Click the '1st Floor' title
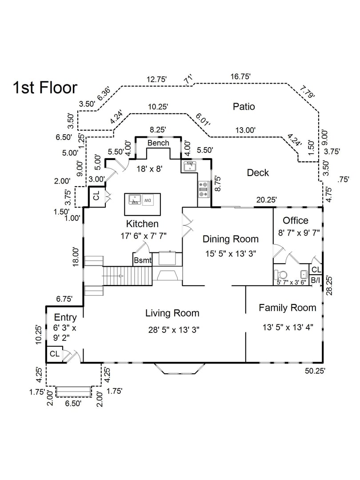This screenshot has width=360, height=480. coord(45,88)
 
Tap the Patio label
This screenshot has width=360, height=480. coord(244,107)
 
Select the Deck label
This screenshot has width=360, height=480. coord(258,172)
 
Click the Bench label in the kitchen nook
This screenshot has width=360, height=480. coord(158,143)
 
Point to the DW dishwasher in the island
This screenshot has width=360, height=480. coord(148,200)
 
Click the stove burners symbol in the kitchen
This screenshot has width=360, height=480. coord(204,188)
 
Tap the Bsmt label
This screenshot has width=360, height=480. coord(142,260)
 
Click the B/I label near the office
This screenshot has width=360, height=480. coord(315,280)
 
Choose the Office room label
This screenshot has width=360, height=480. coord(296,220)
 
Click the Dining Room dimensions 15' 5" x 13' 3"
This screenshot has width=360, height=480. coord(231,253)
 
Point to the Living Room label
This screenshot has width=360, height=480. coord(172,313)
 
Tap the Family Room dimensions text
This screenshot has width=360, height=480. coord(288,327)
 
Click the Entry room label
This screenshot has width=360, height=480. coord(65,317)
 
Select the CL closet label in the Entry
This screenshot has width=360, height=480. coord(55,354)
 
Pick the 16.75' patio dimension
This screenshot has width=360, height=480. coord(240,76)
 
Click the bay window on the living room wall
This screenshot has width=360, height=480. coord(180,368)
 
